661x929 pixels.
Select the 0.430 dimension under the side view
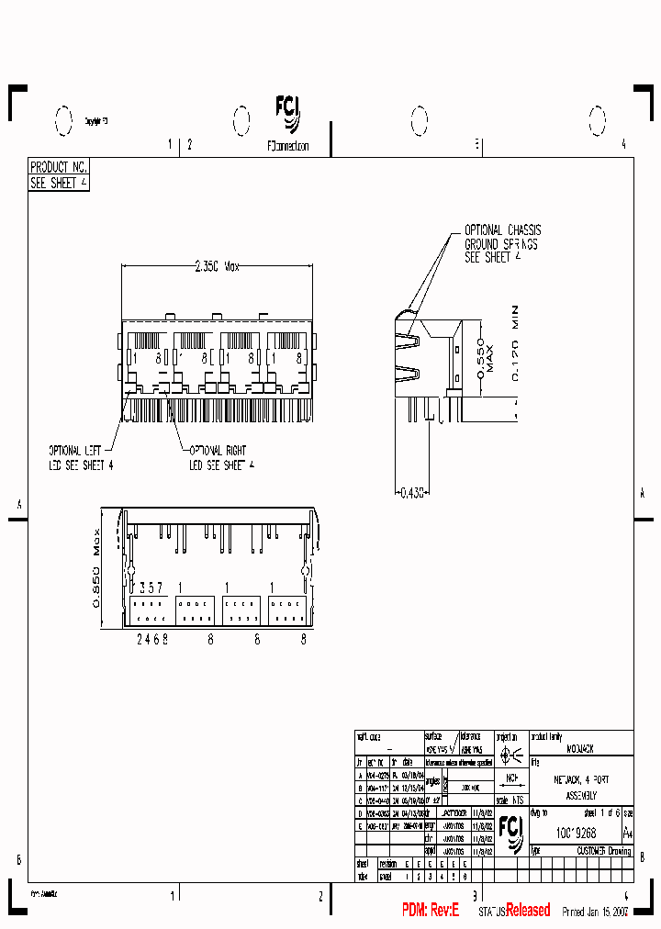(412, 493)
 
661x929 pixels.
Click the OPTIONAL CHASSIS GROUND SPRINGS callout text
(501, 244)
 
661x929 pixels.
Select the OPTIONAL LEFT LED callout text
(81, 458)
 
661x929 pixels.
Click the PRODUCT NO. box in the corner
(59, 167)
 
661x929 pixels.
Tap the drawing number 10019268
(576, 833)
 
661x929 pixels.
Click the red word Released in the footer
(528, 910)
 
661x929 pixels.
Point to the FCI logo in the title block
(510, 832)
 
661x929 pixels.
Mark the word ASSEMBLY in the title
(580, 795)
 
